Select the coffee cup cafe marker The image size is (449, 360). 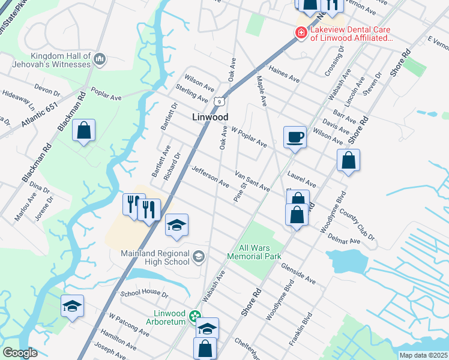(x=295, y=137)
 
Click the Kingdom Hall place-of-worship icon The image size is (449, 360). (x=100, y=58)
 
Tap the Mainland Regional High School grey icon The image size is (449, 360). (x=198, y=257)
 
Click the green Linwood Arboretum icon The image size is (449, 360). (x=194, y=315)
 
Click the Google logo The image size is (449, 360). (x=20, y=353)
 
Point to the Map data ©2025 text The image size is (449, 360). (x=423, y=355)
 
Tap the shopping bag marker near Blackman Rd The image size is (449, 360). (x=84, y=130)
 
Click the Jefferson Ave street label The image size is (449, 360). (x=210, y=176)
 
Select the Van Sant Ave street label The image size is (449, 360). (x=252, y=179)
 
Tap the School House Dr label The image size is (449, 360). (x=145, y=294)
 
